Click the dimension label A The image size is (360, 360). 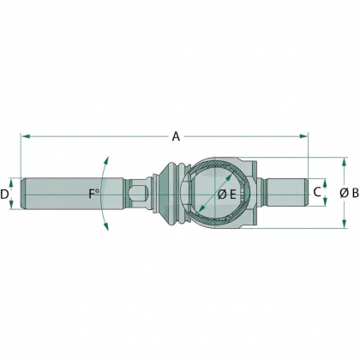(176, 136)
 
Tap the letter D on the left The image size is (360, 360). (4, 195)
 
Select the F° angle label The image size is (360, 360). (93, 194)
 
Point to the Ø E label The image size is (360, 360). (227, 195)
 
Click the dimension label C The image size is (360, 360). (317, 192)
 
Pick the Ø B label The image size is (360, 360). (349, 193)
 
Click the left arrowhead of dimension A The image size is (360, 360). (26, 136)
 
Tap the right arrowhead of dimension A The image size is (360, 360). (303, 136)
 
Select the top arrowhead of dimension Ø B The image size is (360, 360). (345, 162)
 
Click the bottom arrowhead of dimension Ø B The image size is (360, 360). (345, 224)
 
